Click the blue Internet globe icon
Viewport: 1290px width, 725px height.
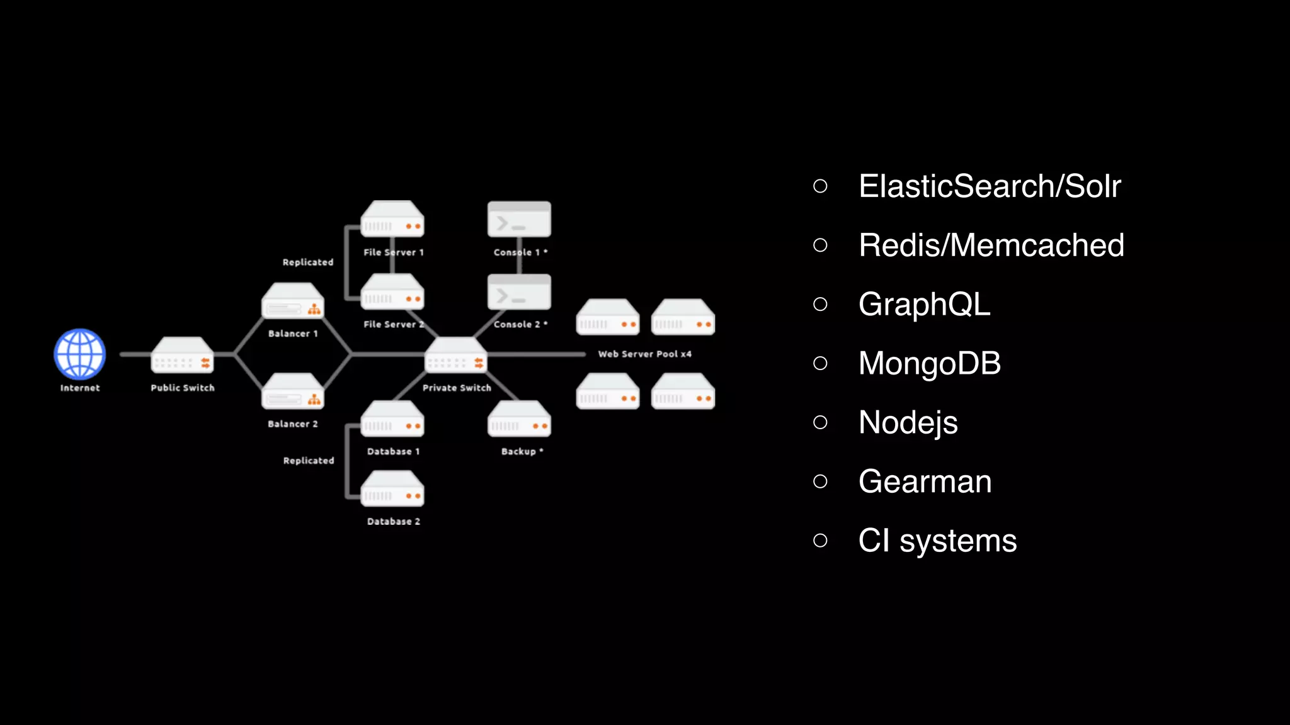(x=80, y=354)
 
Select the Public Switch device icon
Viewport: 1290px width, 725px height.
(x=182, y=356)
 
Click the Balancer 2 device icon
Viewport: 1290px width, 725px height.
(x=293, y=391)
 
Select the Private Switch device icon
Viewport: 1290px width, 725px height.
(x=456, y=356)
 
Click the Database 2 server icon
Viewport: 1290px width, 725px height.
(x=392, y=489)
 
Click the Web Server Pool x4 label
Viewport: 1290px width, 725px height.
(x=644, y=354)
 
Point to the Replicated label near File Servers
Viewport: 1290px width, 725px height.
(x=308, y=262)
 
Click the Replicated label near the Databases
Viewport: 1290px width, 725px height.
(x=309, y=461)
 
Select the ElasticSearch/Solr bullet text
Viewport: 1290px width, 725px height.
(x=990, y=186)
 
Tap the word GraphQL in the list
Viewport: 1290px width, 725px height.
(x=924, y=305)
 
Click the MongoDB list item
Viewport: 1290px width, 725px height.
(x=930, y=364)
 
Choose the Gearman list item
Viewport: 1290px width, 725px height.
(x=925, y=482)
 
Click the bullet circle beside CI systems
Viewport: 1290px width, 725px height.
(x=820, y=541)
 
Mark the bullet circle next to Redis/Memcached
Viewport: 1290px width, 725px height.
(x=820, y=245)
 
